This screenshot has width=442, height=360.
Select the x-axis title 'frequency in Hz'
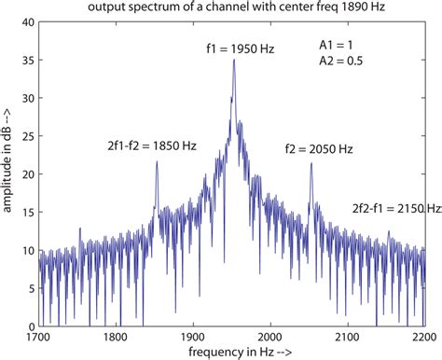point(230,353)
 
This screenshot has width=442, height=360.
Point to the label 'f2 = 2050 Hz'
point(318,148)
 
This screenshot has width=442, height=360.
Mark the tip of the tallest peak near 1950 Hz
point(233,60)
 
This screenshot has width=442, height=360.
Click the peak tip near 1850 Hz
point(156,161)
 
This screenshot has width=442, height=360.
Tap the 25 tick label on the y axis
point(28,136)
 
